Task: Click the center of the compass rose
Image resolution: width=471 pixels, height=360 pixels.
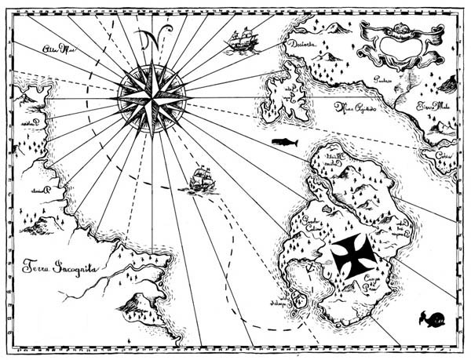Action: coord(152,96)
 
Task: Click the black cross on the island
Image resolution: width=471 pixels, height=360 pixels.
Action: coord(353,255)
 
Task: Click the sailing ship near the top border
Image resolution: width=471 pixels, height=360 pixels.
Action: coord(241,41)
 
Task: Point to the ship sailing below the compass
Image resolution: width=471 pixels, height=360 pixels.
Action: coord(201,180)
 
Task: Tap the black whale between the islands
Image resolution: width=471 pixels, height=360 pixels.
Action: coord(283,141)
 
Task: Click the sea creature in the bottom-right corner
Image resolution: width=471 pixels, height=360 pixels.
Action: coord(431,318)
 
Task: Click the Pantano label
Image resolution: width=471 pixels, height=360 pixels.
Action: coord(382,80)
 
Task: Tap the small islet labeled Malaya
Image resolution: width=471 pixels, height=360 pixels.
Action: coord(296,299)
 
